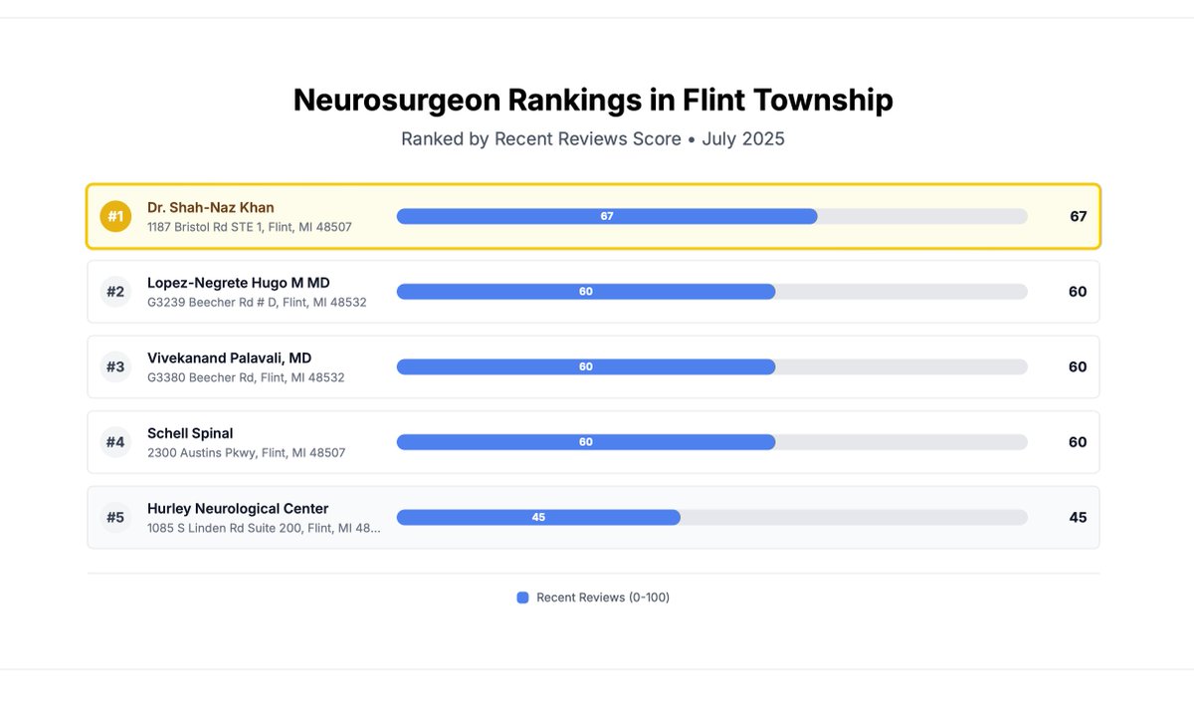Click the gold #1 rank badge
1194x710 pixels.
[115, 216]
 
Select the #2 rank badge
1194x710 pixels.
[115, 292]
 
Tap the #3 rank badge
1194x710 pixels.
[115, 366]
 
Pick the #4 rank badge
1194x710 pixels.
[115, 442]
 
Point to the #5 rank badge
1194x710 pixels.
[115, 517]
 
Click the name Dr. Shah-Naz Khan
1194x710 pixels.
[210, 207]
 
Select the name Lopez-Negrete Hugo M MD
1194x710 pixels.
[238, 283]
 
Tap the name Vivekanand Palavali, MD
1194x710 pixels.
[229, 357]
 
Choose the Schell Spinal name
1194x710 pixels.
[190, 433]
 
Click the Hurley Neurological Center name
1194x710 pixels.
[238, 508]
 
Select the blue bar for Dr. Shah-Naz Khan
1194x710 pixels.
[607, 216]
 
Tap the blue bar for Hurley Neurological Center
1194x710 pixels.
[538, 517]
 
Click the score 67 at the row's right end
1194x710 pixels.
[1078, 216]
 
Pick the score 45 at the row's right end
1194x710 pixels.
[1078, 517]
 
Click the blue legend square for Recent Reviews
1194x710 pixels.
[522, 597]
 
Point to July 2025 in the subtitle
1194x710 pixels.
[743, 138]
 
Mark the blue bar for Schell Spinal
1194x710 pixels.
[586, 442]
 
